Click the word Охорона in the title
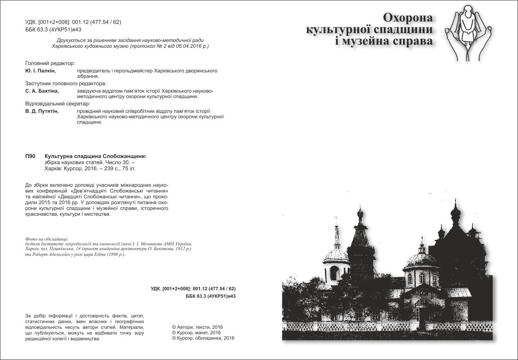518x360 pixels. (407, 18)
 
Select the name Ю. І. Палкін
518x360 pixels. (40, 71)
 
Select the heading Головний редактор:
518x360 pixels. (50, 64)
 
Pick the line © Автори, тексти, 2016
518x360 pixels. (197, 327)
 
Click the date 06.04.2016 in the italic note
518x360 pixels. (185, 46)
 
